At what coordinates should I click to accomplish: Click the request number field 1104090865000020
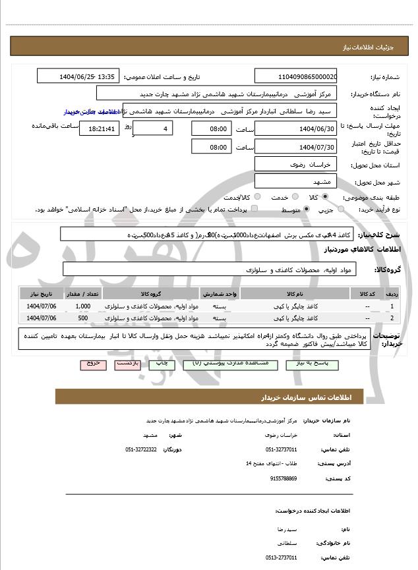click(295, 76)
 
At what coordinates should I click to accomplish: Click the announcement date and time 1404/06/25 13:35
click(88, 76)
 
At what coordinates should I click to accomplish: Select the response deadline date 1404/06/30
click(295, 127)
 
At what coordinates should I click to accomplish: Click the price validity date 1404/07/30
click(295, 146)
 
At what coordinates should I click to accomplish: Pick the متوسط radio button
click(307, 210)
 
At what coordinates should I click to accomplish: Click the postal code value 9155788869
click(283, 478)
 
